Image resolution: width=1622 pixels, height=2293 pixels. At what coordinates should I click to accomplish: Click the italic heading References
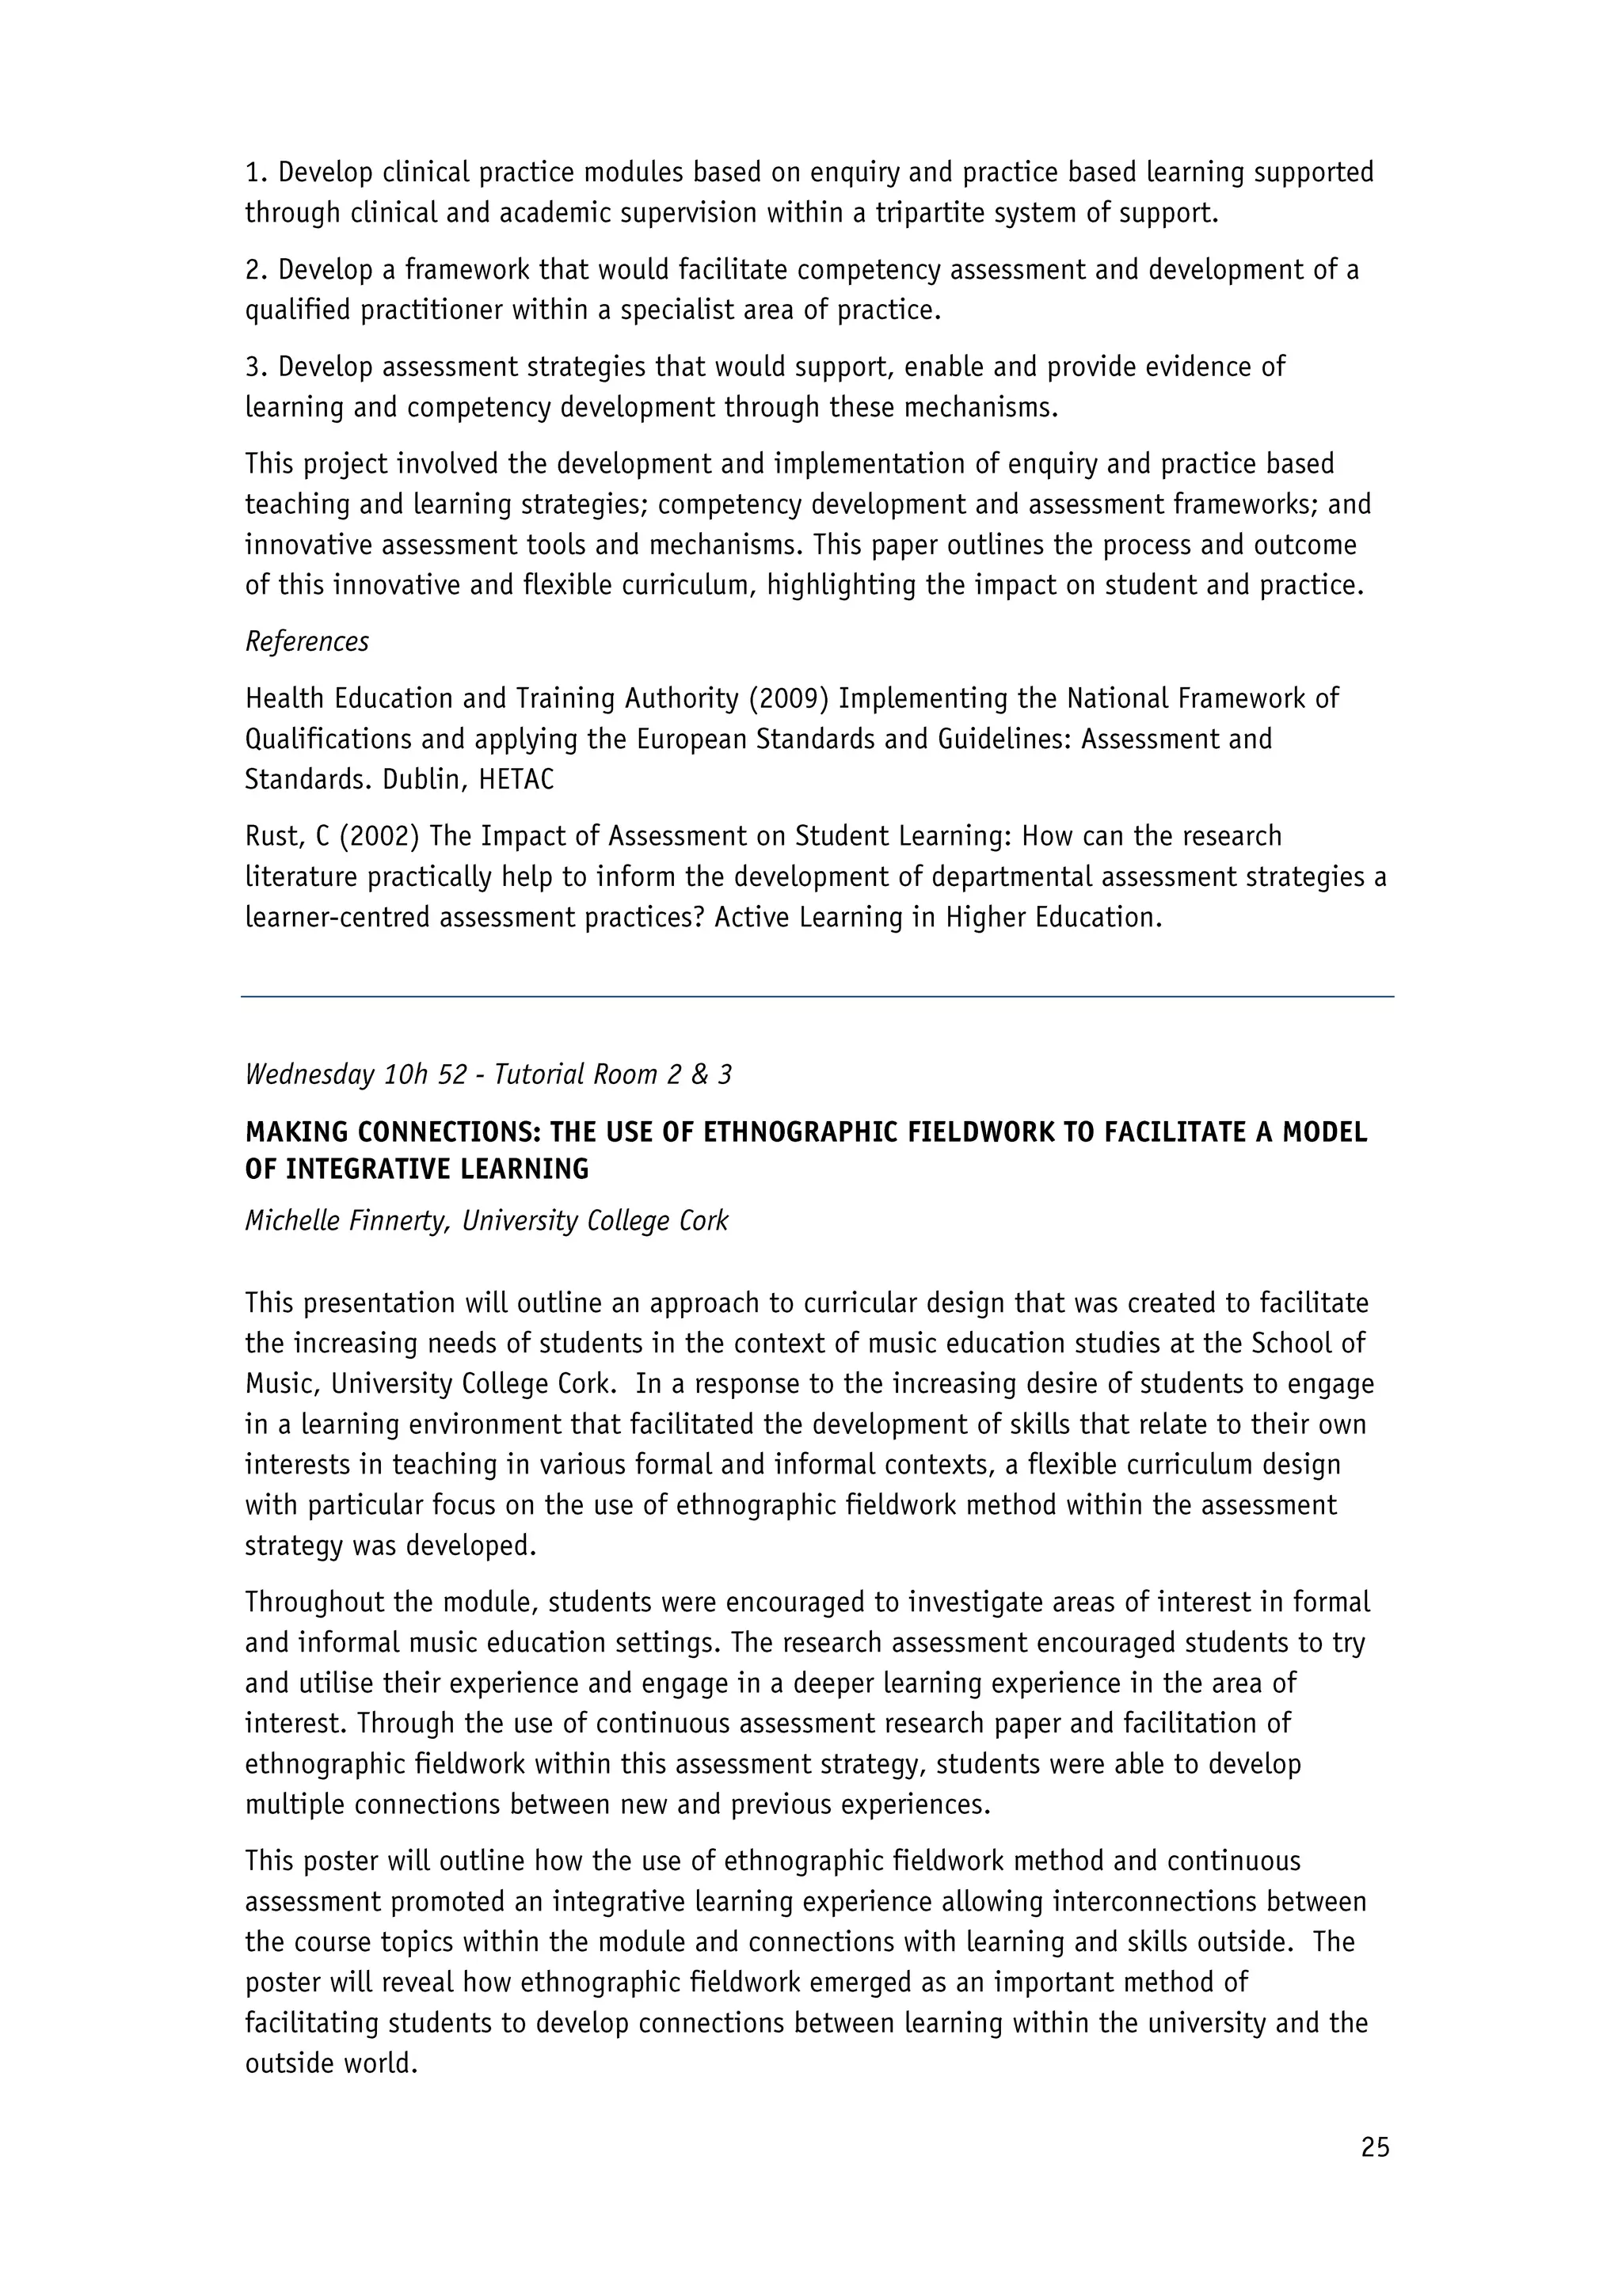click(307, 641)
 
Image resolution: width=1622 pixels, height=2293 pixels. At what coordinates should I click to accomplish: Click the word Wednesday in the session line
click(309, 1074)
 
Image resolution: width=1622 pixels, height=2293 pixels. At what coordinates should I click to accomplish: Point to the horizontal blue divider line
click(817, 996)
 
